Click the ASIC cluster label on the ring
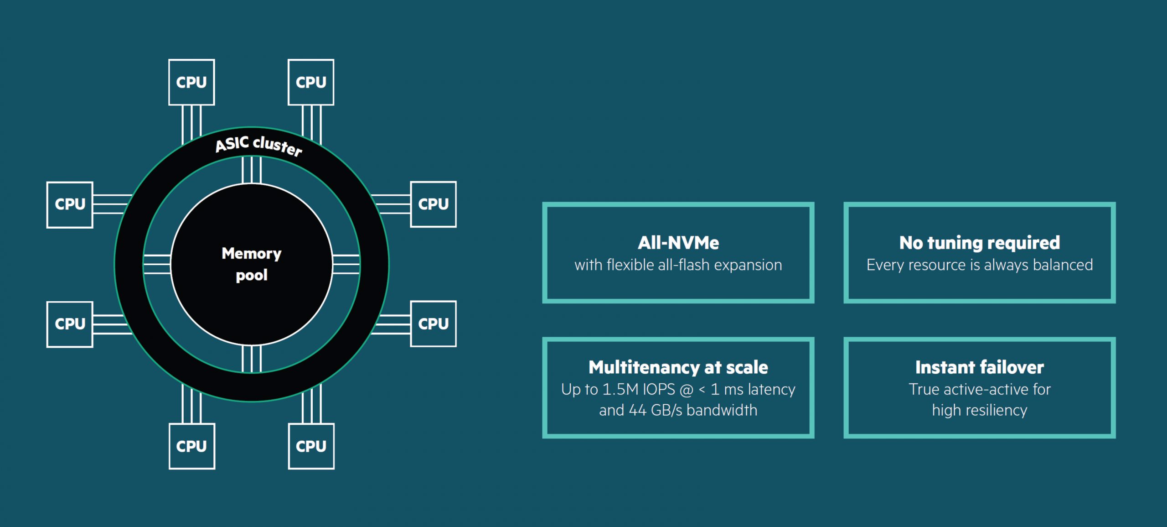(x=258, y=146)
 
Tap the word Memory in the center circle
(x=251, y=254)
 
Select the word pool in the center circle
(x=251, y=275)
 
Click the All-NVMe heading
(x=678, y=243)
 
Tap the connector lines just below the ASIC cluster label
(x=251, y=170)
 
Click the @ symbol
(x=686, y=390)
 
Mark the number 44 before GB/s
(x=637, y=410)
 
